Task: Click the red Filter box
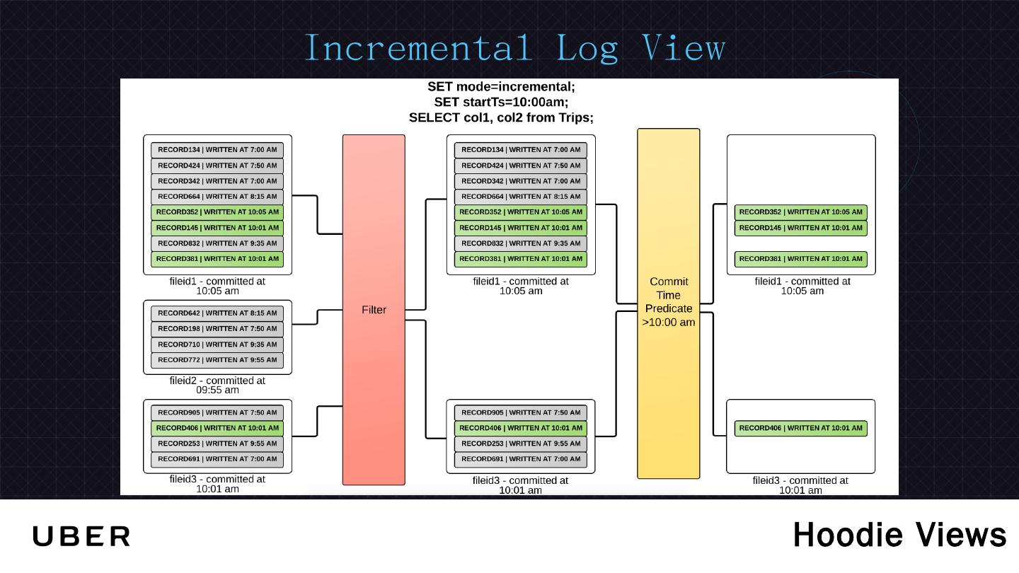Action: coord(374,310)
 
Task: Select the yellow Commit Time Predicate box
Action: coord(668,303)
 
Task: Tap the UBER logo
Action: coord(81,536)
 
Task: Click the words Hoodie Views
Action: coord(899,535)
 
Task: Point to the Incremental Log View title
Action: coord(515,48)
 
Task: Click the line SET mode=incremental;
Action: coord(501,86)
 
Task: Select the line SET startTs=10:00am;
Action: coord(501,102)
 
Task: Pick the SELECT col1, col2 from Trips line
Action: coord(501,117)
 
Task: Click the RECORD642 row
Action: coord(217,313)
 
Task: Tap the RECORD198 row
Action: coord(217,328)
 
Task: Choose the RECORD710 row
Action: coord(217,345)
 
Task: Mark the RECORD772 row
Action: coord(217,359)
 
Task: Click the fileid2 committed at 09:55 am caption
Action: coord(217,385)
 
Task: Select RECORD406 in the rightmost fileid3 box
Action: coord(800,428)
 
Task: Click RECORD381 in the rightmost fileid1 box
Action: coord(800,259)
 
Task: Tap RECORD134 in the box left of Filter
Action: coord(217,150)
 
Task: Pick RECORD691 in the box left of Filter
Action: coord(217,459)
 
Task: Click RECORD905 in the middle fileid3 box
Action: coord(521,412)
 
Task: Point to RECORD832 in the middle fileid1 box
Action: coord(521,243)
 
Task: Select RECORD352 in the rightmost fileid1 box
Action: coord(800,212)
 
